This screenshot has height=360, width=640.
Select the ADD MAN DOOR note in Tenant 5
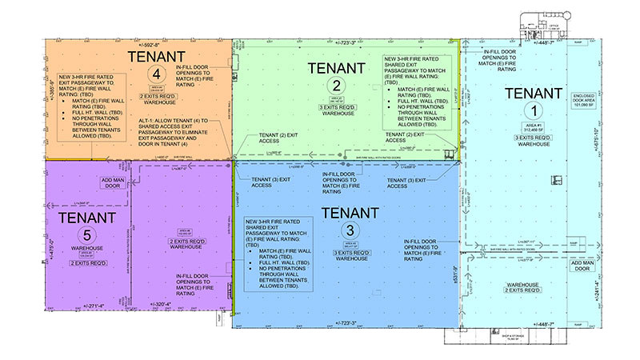110,183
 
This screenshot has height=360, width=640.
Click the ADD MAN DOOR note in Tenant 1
582,264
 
